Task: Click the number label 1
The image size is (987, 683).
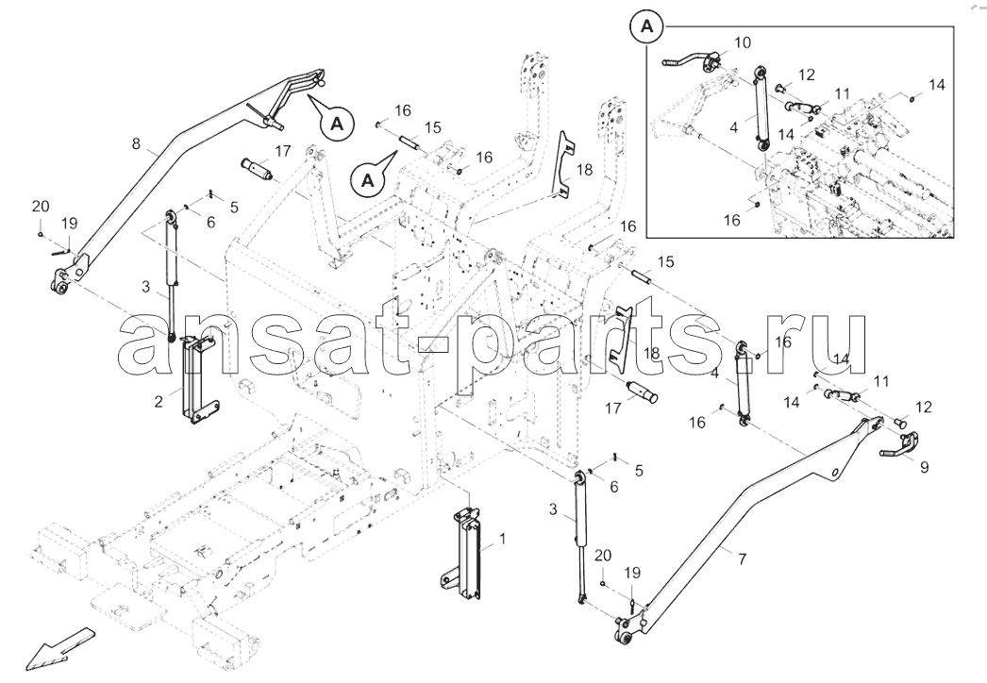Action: pos(502,539)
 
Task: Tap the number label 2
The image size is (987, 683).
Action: pos(159,400)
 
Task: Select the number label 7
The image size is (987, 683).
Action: pos(743,558)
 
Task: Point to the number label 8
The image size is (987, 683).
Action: pos(136,143)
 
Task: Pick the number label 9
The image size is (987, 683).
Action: pos(924,467)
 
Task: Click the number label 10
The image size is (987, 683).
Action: pos(743,42)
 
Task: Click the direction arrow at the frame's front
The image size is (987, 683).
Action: pos(60,648)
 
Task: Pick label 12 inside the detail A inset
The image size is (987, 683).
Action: pos(807,75)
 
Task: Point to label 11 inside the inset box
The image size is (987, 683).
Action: pos(843,94)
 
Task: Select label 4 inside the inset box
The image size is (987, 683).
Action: pos(733,127)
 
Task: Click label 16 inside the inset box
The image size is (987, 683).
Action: pos(732,221)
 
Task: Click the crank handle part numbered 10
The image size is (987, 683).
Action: pos(692,59)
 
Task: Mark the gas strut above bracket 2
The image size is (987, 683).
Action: pos(171,275)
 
